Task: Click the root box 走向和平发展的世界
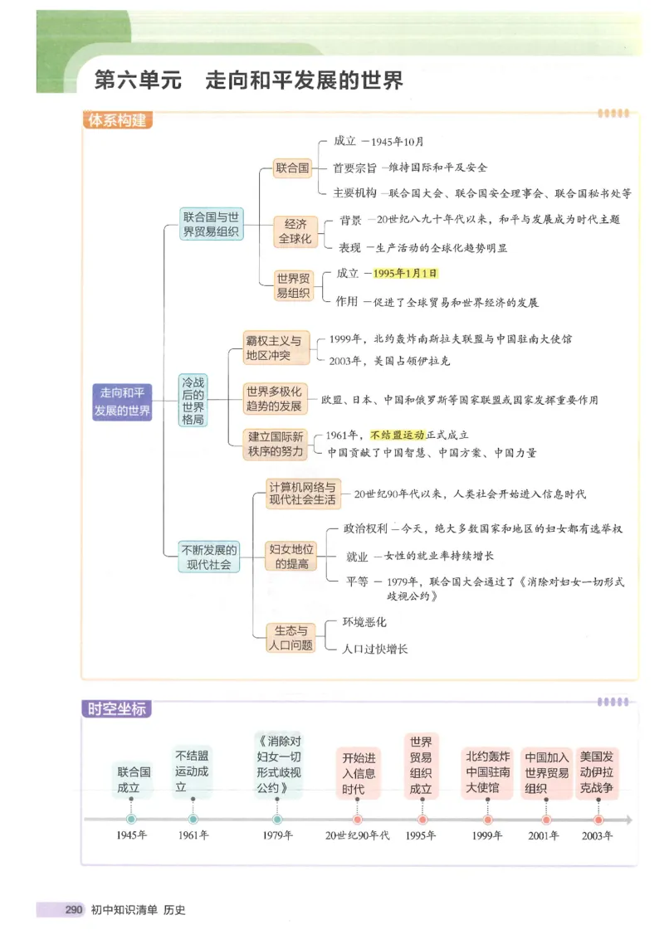(122, 401)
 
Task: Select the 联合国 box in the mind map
(292, 168)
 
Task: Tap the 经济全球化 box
(295, 231)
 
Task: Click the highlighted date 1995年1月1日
(405, 273)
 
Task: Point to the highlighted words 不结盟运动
(398, 435)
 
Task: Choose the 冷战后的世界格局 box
(193, 401)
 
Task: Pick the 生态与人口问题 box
(290, 637)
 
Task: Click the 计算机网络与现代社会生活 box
(302, 494)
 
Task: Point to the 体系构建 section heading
(117, 120)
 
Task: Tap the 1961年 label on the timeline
(193, 836)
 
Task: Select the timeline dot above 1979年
(278, 820)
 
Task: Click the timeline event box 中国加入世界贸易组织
(547, 773)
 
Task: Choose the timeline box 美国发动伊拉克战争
(598, 773)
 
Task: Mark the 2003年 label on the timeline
(598, 836)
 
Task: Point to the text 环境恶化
(364, 622)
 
